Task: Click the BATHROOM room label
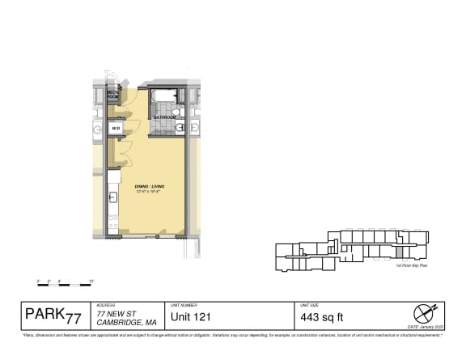(167, 116)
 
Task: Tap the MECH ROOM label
(114, 96)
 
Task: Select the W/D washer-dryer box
(116, 128)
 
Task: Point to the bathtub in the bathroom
(164, 97)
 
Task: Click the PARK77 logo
(53, 314)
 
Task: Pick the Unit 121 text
(190, 316)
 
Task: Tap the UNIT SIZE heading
(308, 305)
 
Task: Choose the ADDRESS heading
(105, 305)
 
